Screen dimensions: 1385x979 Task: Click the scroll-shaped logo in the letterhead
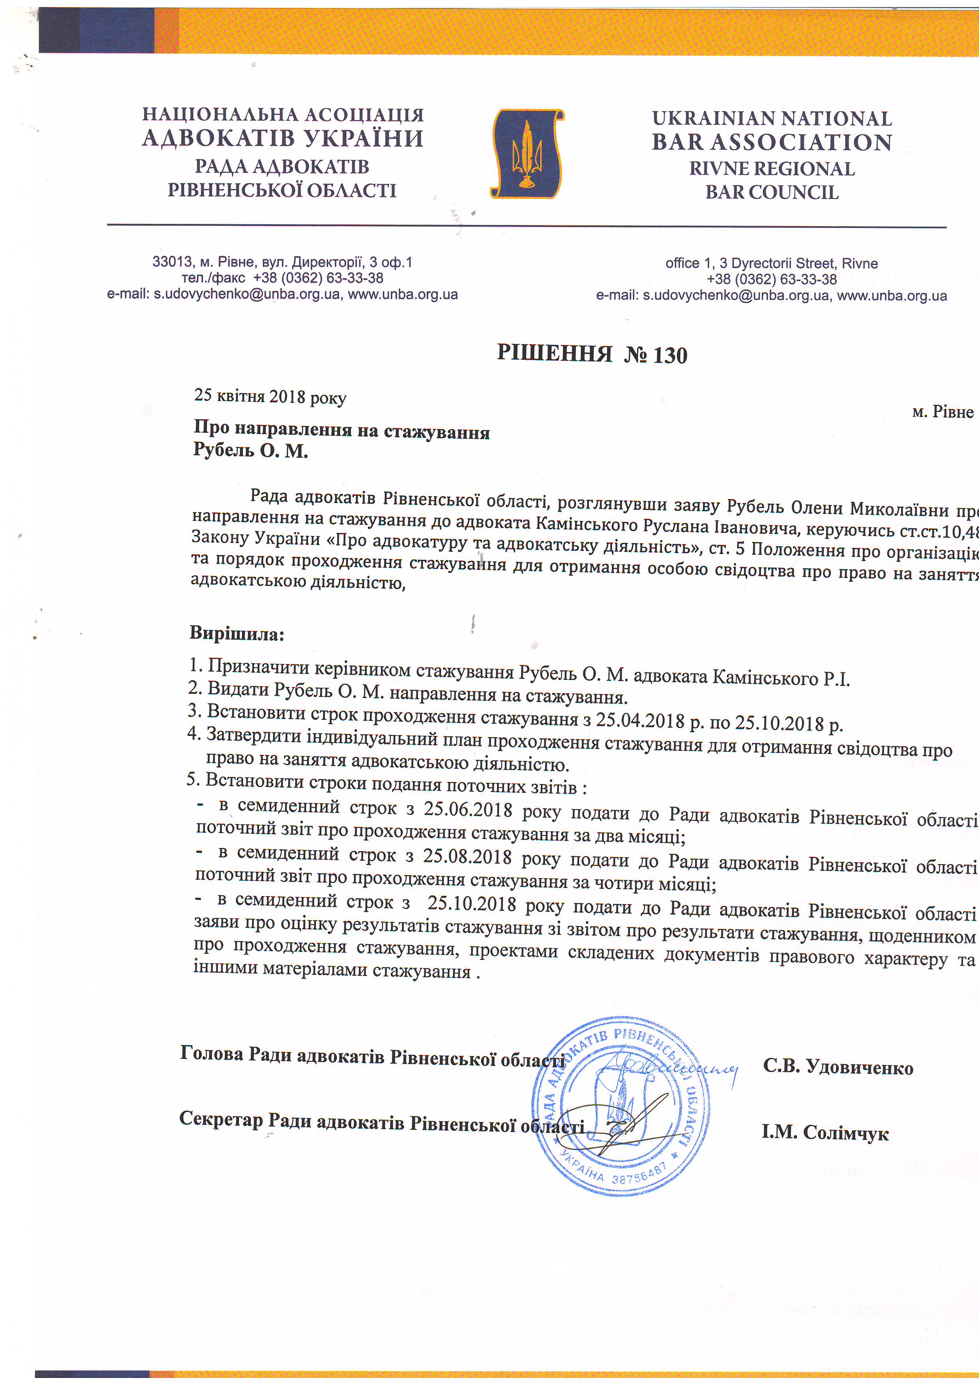click(527, 154)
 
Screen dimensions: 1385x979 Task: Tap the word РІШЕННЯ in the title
click(554, 353)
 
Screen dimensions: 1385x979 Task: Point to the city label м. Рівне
click(942, 412)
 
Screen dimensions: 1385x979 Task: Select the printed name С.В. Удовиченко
click(838, 1067)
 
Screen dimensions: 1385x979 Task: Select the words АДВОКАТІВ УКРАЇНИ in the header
click(283, 139)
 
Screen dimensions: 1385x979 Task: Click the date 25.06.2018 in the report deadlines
click(467, 809)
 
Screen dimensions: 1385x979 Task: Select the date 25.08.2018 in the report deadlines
click(467, 857)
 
